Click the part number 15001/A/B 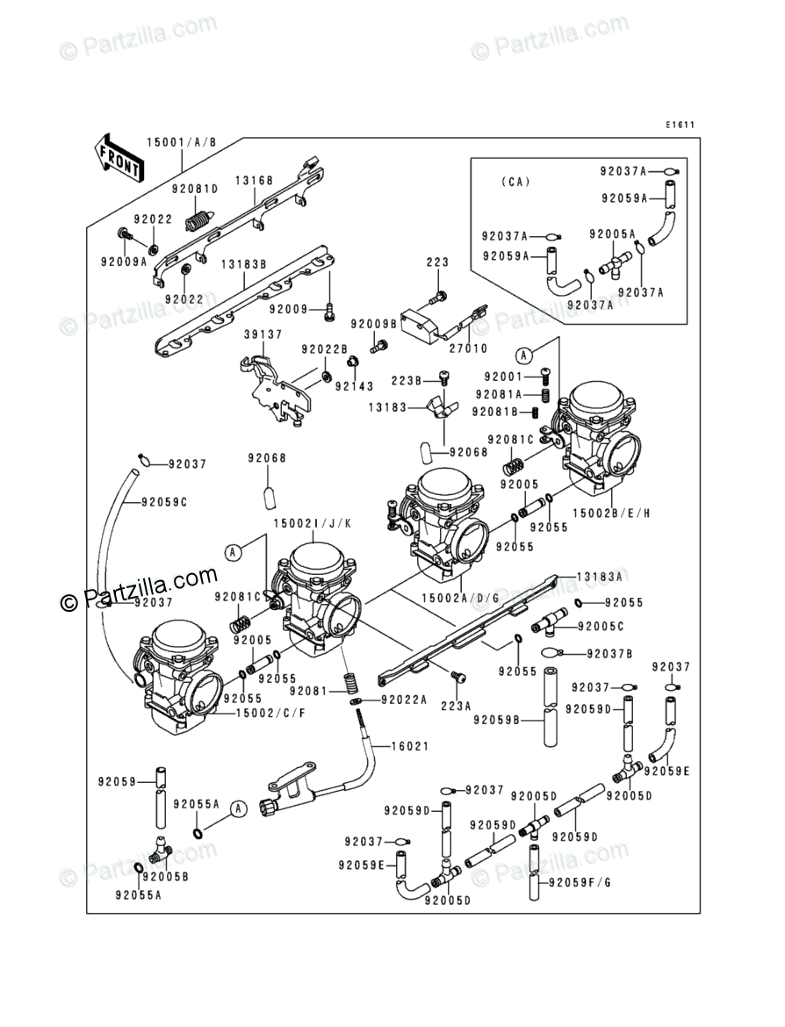[x=181, y=142]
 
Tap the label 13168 [x=254, y=181]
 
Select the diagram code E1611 [x=679, y=125]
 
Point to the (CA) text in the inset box [x=516, y=183]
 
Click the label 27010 [x=469, y=348]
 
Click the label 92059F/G [x=579, y=882]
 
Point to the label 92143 [x=356, y=385]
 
